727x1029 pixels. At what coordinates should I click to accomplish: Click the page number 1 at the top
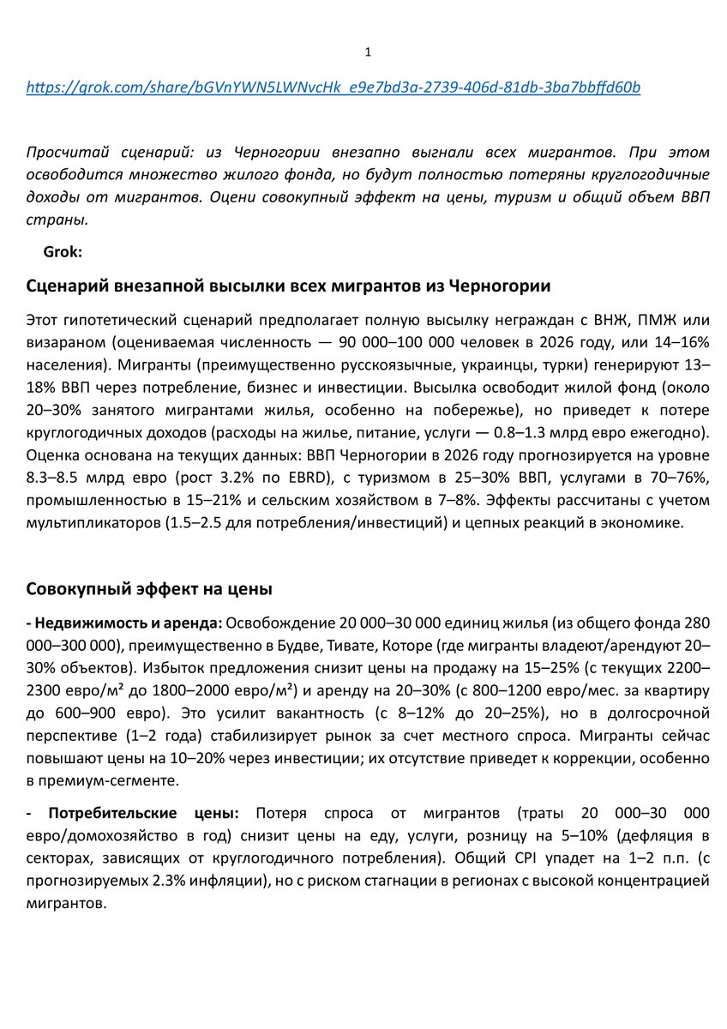click(368, 52)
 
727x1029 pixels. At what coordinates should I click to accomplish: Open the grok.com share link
click(333, 87)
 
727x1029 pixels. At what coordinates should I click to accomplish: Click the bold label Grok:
click(62, 252)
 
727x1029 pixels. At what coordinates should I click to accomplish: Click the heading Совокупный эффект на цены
click(149, 589)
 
